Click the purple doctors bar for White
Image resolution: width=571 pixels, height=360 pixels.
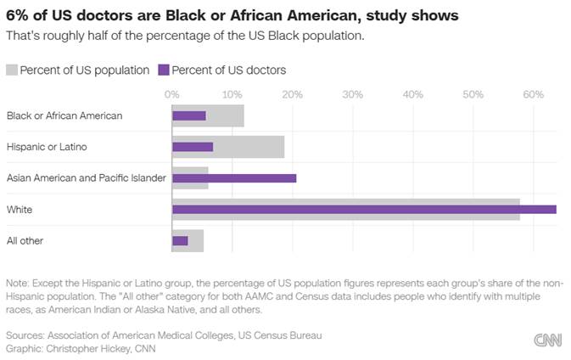(364, 210)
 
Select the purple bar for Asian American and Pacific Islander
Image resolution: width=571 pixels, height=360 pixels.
(234, 178)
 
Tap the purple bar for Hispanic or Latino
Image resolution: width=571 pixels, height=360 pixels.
(193, 147)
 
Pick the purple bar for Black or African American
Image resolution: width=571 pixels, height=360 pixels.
(188, 115)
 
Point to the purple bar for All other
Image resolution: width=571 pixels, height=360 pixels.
(180, 241)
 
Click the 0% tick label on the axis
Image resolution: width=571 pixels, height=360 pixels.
(171, 93)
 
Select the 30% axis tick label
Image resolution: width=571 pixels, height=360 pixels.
(352, 93)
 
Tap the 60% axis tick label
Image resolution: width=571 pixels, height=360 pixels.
(533, 93)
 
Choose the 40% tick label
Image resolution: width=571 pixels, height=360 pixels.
(412, 93)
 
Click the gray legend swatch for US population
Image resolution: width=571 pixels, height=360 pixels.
(12, 70)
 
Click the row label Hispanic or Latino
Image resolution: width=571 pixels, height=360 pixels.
(47, 147)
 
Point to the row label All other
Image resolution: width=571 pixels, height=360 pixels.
(25, 241)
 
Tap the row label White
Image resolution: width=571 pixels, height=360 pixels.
(20, 210)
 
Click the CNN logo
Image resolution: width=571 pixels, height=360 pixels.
(547, 340)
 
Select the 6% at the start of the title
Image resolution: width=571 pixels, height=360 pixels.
(16, 16)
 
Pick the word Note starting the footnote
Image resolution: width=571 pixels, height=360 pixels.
(16, 283)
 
